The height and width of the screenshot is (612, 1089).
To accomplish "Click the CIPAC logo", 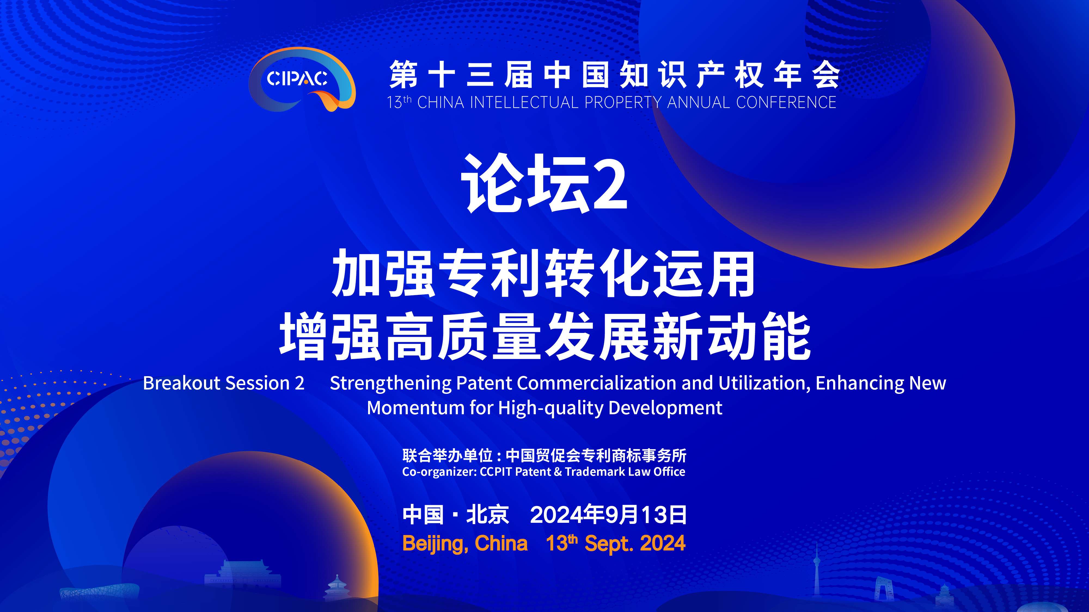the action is tap(302, 79).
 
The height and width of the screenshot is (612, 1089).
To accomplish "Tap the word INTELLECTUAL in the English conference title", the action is tap(524, 103).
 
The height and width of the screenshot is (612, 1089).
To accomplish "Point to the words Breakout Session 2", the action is tap(224, 383).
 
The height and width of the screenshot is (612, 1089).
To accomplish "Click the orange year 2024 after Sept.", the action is tap(662, 543).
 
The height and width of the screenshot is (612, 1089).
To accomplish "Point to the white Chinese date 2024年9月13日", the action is tap(608, 515).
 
